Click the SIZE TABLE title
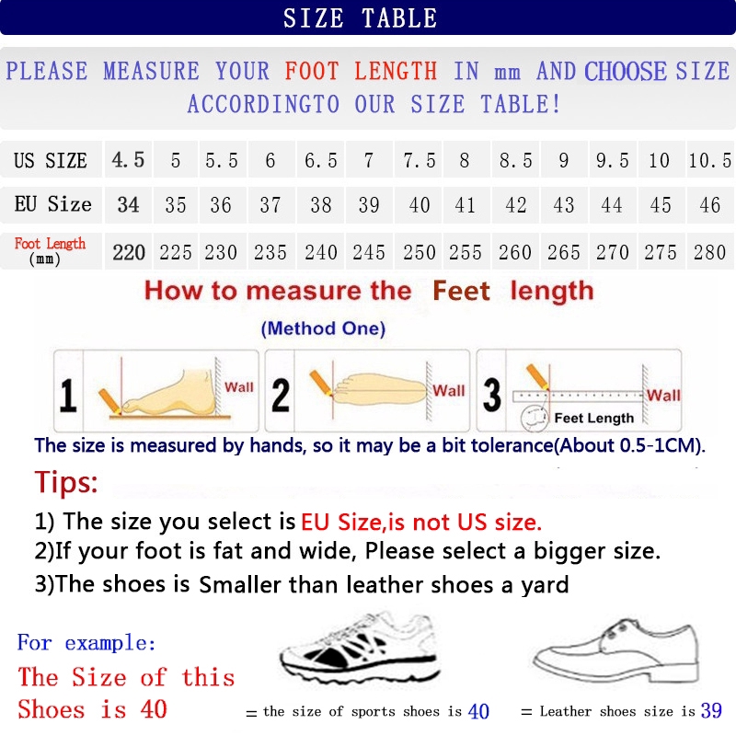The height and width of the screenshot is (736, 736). tap(360, 17)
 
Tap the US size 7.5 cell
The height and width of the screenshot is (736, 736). tap(420, 161)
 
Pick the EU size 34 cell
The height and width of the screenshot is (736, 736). tap(129, 205)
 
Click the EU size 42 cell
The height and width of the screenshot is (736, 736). tap(516, 205)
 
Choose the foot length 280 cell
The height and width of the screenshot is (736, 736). tap(709, 252)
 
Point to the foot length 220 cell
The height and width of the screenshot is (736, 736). tap(129, 252)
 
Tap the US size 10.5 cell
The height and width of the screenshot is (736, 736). tap(709, 161)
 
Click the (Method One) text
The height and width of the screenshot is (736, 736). tap(323, 328)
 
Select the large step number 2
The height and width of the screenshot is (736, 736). tap(281, 394)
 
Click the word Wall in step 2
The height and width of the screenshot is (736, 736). tap(449, 391)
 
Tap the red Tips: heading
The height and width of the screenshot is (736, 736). tap(66, 482)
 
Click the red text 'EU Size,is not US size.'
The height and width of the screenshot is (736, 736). tap(421, 523)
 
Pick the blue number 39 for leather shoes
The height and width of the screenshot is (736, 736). tap(710, 711)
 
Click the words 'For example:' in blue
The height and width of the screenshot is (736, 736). tap(86, 642)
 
